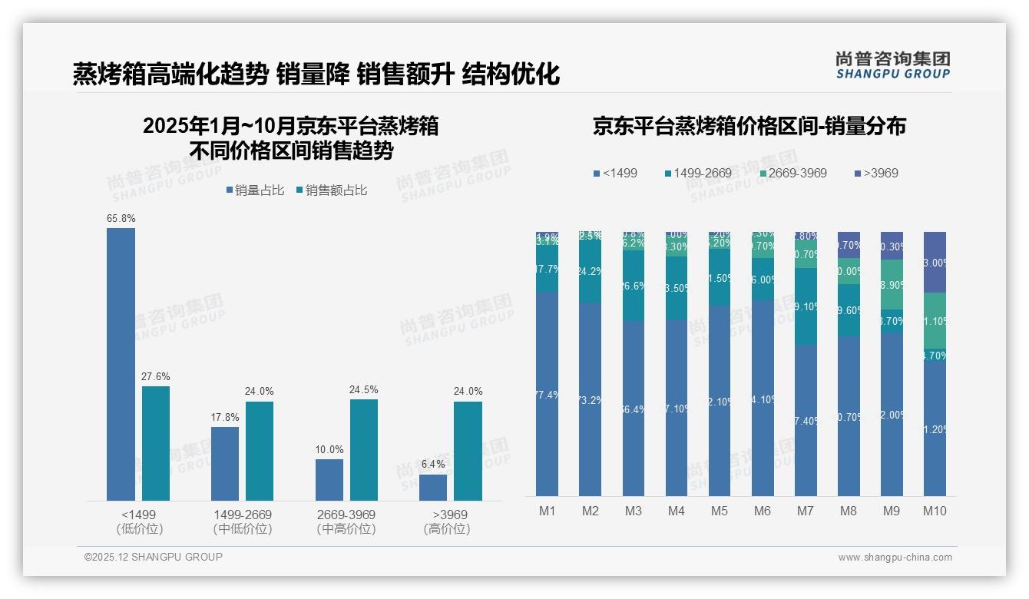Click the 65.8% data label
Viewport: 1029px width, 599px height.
(121, 219)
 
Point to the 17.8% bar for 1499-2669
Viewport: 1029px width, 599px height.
(225, 464)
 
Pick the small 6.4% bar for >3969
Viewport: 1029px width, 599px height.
(433, 488)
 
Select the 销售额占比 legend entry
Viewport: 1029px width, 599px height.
(332, 190)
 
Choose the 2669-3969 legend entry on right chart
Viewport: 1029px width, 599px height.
(787, 174)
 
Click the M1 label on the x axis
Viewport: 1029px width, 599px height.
(548, 511)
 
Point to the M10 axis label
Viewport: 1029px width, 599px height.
(934, 511)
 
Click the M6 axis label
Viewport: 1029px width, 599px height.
(762, 511)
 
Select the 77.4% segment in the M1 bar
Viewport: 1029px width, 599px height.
(548, 394)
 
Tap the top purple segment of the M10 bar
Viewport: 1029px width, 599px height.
(935, 262)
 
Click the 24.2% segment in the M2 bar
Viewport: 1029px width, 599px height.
(591, 271)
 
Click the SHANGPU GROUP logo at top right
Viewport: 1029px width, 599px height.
(892, 65)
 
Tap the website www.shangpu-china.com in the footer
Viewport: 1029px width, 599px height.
(895, 558)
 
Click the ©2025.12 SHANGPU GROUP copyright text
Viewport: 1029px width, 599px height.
(154, 558)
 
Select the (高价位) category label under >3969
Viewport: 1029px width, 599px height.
(447, 529)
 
